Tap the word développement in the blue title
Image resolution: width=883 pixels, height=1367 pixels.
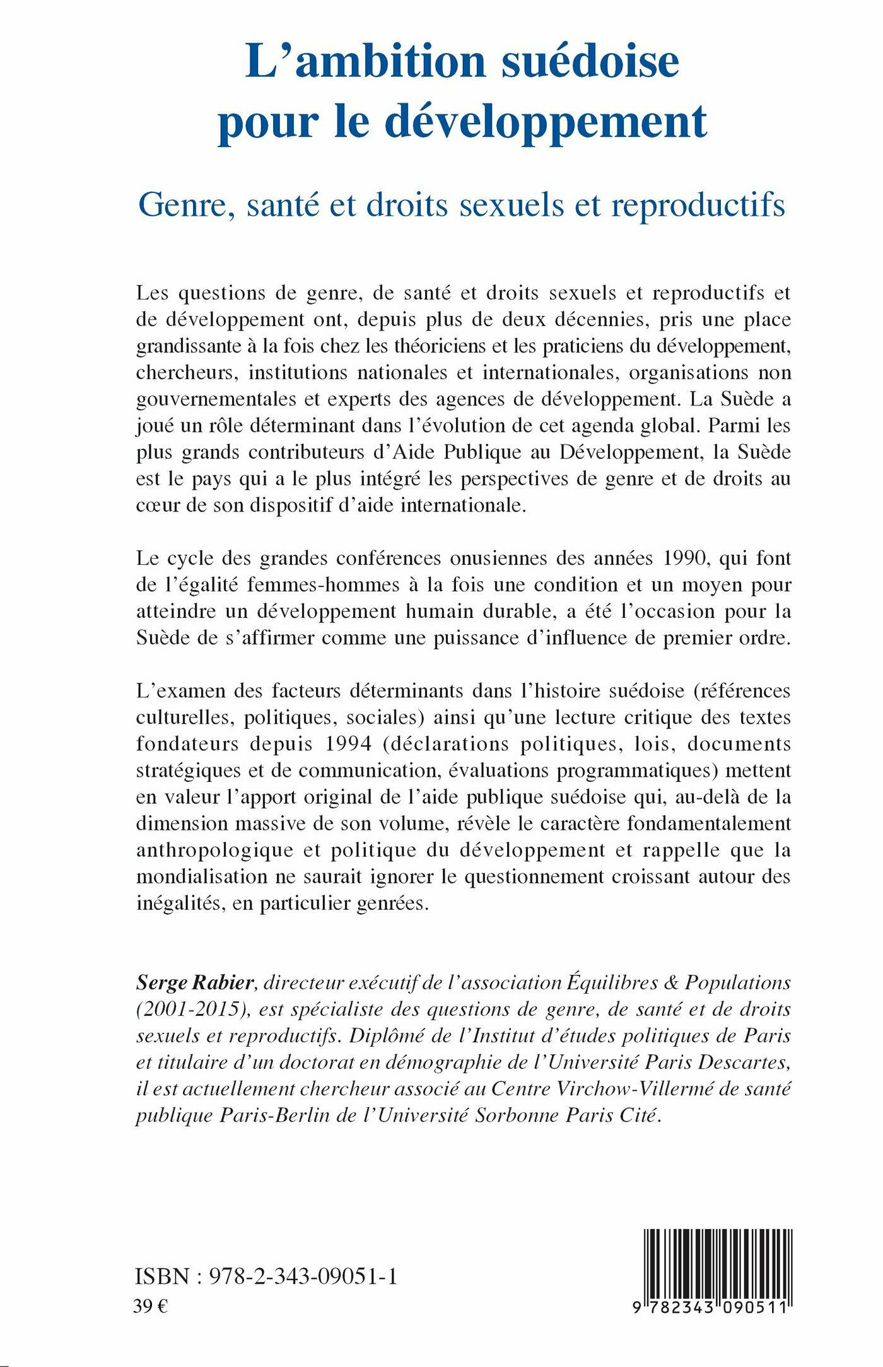point(546,121)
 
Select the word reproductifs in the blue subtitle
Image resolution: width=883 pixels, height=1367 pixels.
point(698,205)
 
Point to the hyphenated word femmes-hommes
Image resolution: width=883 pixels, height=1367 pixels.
point(324,585)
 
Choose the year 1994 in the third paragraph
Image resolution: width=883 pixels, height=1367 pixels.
point(348,743)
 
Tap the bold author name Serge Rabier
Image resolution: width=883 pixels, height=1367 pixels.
point(195,982)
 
